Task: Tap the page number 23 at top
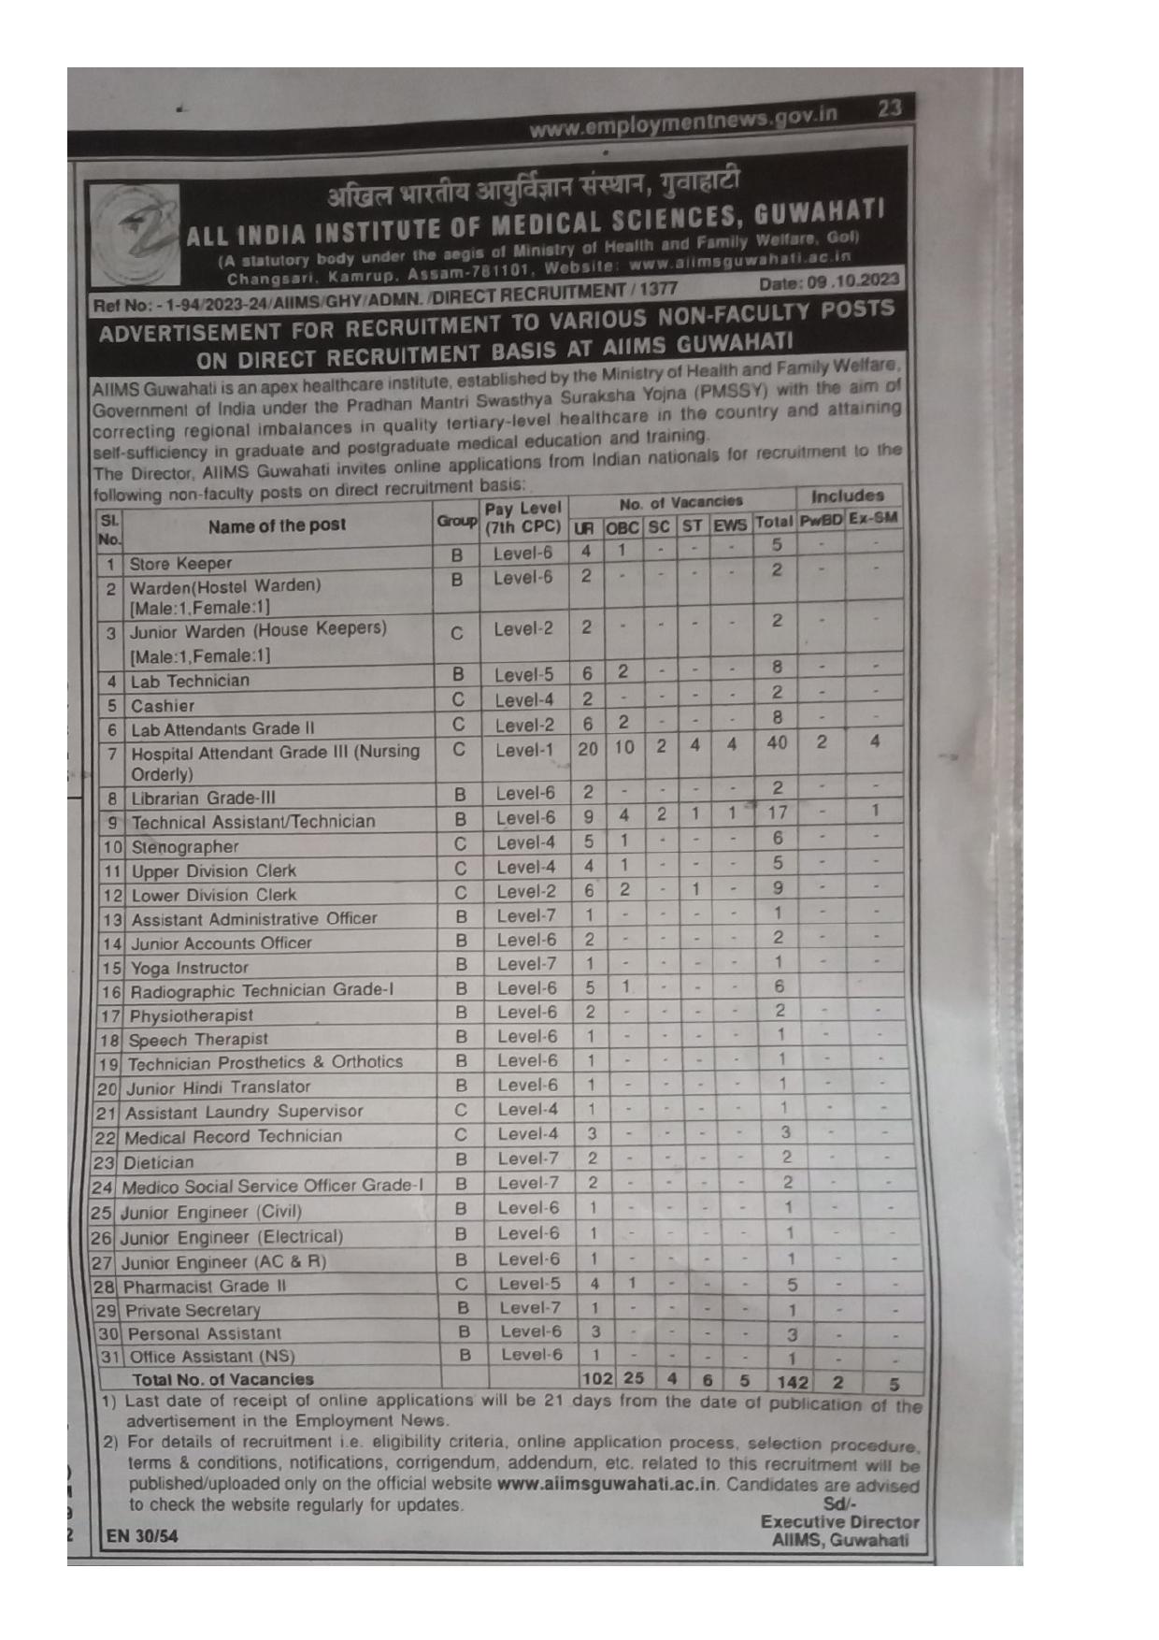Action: click(889, 108)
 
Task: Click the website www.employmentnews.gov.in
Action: click(683, 121)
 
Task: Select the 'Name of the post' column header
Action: click(277, 525)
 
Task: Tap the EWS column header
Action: click(730, 525)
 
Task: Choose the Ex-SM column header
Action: click(873, 517)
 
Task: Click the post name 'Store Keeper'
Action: click(180, 564)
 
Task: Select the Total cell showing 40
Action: click(776, 743)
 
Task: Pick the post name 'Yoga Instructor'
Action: click(190, 968)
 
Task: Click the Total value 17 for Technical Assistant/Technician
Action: click(777, 813)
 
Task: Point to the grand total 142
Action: click(792, 1382)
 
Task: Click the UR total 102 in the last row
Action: click(596, 1378)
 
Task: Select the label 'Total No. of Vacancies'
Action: click(222, 1379)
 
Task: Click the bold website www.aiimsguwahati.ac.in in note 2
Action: click(608, 1484)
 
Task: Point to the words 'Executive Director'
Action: click(839, 1522)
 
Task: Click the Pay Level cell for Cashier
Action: click(524, 699)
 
